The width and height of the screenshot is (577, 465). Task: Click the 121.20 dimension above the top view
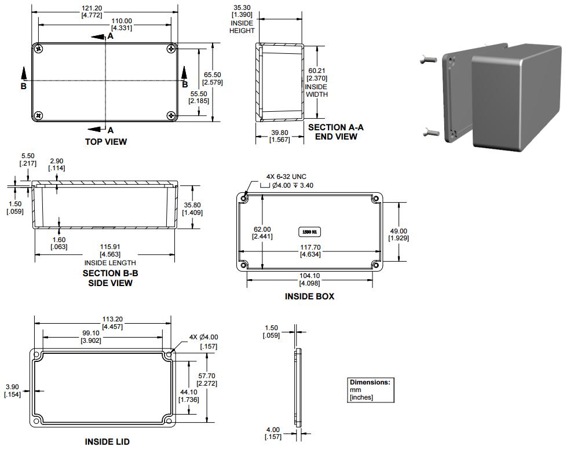point(92,12)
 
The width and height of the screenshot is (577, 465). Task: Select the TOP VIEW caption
point(106,142)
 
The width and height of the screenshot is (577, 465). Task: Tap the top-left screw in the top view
point(38,49)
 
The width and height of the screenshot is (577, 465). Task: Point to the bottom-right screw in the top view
point(171,116)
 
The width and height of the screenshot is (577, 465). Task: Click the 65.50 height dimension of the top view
point(213,78)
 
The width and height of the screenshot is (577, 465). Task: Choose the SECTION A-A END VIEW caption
point(335,131)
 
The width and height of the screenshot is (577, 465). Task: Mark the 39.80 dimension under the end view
point(280,136)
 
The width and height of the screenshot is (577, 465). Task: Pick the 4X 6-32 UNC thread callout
point(286,177)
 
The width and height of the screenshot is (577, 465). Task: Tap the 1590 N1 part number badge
point(309,232)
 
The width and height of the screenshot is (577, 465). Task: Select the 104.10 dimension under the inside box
point(309,279)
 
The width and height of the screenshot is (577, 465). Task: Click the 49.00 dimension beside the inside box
point(399,235)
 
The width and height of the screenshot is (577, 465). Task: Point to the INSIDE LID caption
point(107,442)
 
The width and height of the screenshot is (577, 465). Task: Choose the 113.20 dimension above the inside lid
point(112,323)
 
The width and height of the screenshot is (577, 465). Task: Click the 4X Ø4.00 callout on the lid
point(203,342)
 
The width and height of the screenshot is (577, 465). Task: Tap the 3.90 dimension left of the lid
point(12,390)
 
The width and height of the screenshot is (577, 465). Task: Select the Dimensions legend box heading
point(370,382)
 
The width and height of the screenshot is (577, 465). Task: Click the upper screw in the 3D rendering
point(428,58)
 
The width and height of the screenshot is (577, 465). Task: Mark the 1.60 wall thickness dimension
point(59,243)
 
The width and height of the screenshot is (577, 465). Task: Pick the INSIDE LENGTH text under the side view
point(110,263)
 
